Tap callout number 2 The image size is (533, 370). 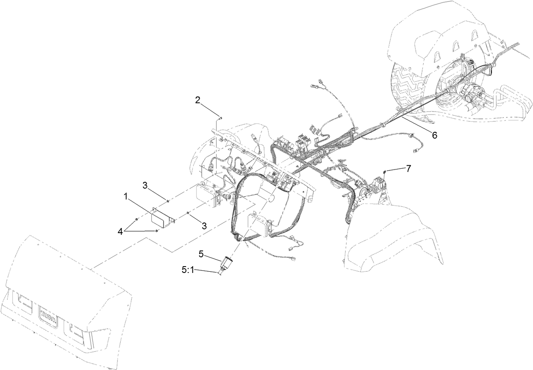point(198,100)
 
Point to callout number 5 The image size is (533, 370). point(201,254)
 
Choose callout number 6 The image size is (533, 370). point(434,135)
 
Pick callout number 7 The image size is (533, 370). point(408,168)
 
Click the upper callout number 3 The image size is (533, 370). point(145,185)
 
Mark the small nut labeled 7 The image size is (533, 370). point(384,171)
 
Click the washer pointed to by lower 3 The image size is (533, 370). point(188,213)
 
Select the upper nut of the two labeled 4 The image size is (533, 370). point(136,219)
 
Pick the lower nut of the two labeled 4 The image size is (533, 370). point(157,231)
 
